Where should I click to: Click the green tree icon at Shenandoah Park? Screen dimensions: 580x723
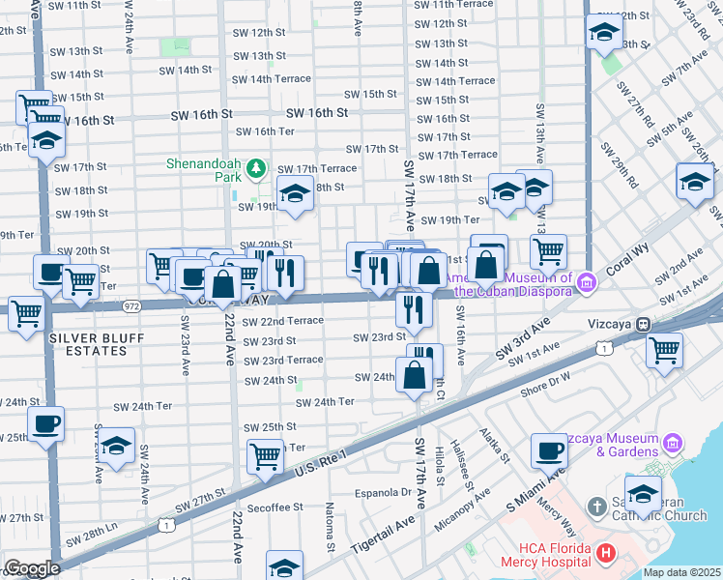pyautogui.click(x=256, y=170)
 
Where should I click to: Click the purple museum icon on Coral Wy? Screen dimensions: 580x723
pyautogui.click(x=587, y=282)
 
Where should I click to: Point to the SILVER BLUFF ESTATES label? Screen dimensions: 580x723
pyautogui.click(x=89, y=343)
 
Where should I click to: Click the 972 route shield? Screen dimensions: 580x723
pyautogui.click(x=132, y=305)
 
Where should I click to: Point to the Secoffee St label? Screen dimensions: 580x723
pyautogui.click(x=275, y=507)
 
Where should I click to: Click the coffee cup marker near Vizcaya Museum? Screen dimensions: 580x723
pyautogui.click(x=550, y=450)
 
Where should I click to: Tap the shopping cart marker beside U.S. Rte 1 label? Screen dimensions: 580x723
pyautogui.click(x=265, y=456)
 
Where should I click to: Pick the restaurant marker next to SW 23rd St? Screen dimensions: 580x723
pyautogui.click(x=413, y=309)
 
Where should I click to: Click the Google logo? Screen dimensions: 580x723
pyautogui.click(x=31, y=568)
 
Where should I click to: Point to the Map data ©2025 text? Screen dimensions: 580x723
pyautogui.click(x=680, y=572)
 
